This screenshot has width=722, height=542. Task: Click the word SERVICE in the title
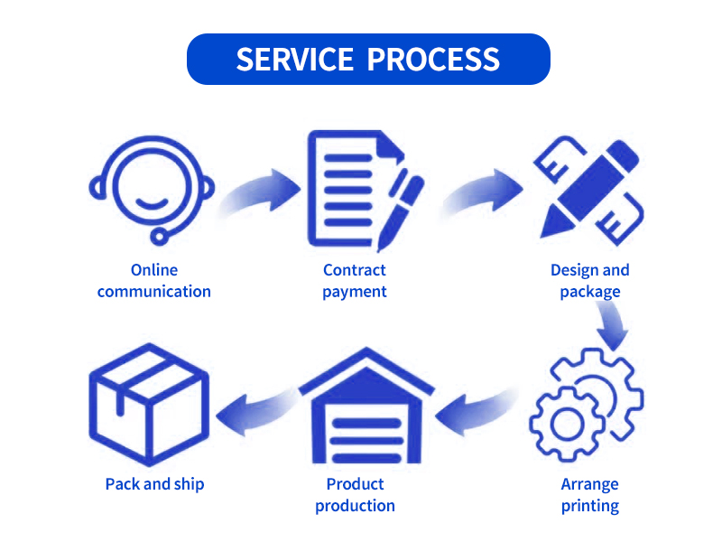click(294, 60)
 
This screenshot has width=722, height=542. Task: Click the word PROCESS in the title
click(434, 60)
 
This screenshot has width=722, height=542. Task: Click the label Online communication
click(154, 281)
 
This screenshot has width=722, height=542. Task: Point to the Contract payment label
click(355, 281)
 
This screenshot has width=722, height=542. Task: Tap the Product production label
click(356, 495)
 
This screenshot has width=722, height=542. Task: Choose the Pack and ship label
click(154, 484)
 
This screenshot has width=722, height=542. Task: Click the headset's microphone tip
click(160, 237)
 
